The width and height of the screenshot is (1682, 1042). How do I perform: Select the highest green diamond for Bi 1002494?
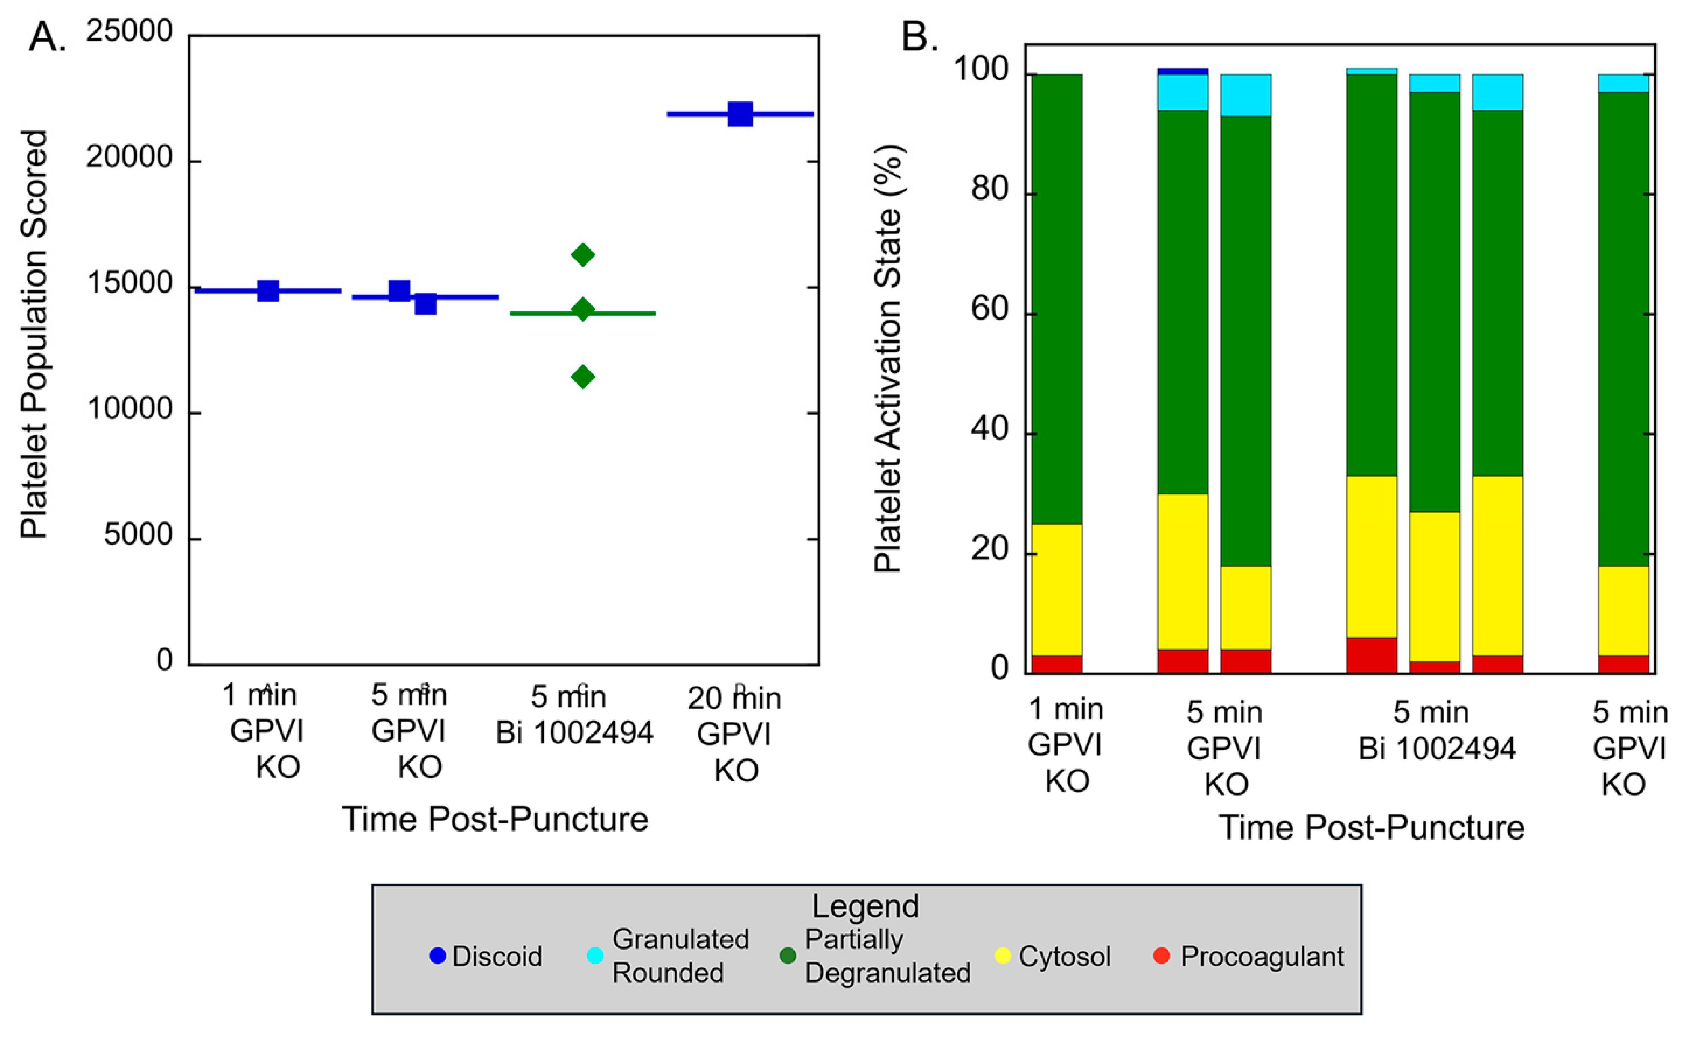tap(582, 255)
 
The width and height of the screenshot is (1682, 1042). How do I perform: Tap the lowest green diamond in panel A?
tap(582, 376)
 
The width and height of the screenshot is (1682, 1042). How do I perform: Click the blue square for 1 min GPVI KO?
tap(267, 291)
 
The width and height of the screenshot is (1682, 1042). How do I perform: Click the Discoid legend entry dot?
tap(437, 956)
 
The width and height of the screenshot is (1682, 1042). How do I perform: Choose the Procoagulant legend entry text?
tap(1262, 956)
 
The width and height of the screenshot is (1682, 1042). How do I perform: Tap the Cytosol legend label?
tap(1064, 956)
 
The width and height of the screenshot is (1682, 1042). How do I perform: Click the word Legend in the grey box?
tap(865, 906)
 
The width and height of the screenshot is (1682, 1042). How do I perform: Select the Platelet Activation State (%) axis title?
tap(888, 358)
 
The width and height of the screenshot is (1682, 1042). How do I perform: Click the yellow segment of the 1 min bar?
tap(1056, 589)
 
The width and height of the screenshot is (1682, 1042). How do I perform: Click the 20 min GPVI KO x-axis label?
tap(735, 734)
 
